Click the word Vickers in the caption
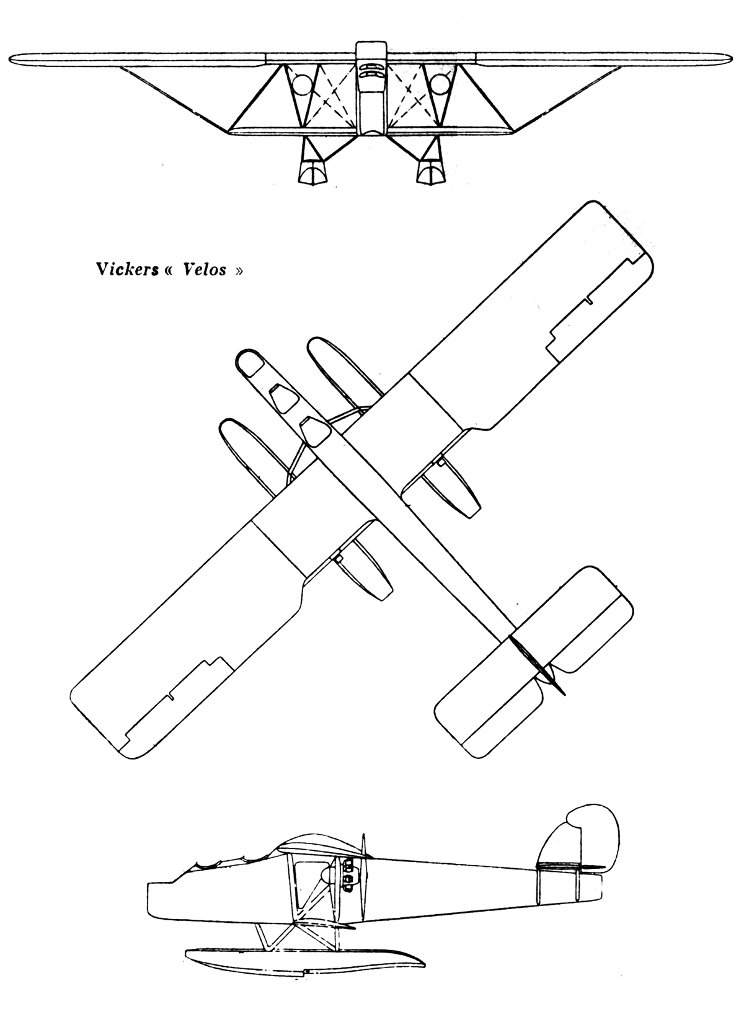pyautogui.click(x=128, y=269)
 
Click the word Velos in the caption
pyautogui.click(x=205, y=269)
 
